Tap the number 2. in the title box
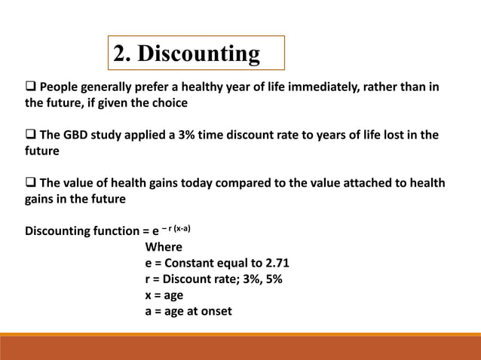click(x=124, y=54)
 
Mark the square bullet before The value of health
click(x=32, y=184)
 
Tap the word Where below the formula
click(x=164, y=247)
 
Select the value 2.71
click(x=276, y=263)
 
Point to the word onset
click(x=215, y=310)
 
